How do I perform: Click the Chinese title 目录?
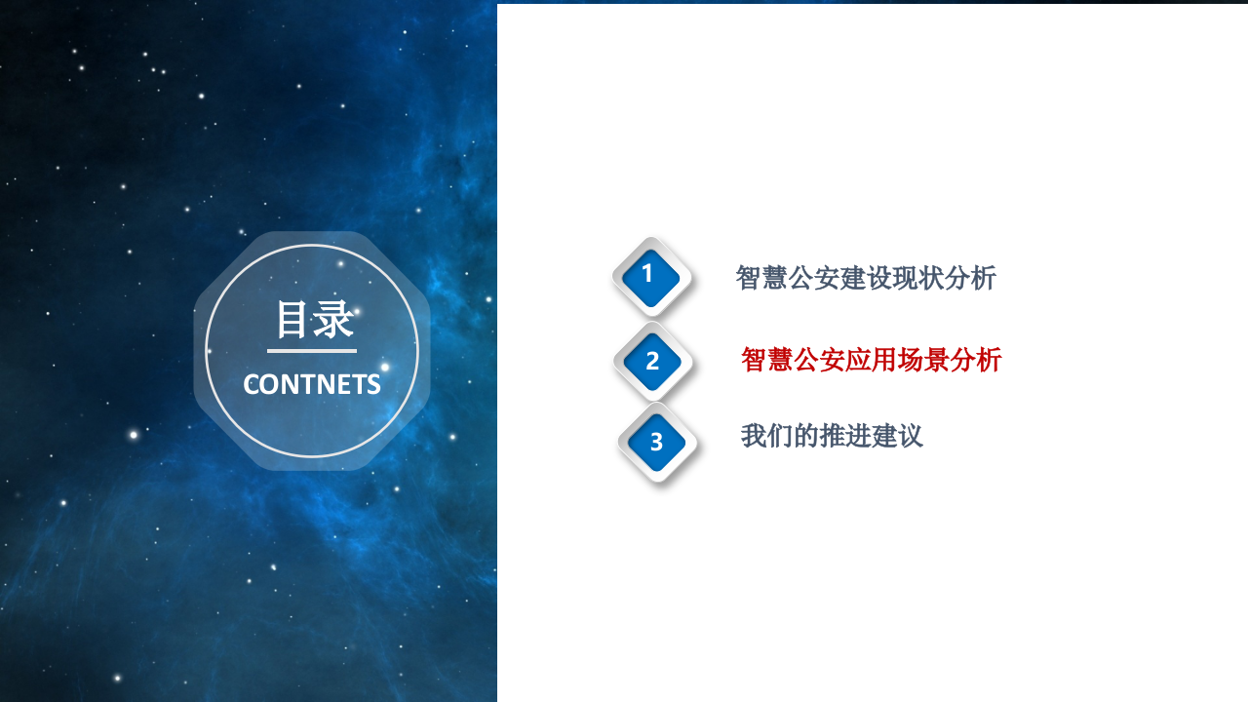click(313, 320)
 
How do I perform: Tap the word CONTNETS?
click(312, 384)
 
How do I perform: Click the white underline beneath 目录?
click(312, 351)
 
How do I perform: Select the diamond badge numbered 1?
click(649, 275)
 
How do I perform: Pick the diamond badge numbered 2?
click(652, 361)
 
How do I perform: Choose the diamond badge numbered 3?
click(656, 442)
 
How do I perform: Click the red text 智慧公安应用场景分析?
click(871, 360)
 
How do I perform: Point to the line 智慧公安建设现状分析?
click(866, 278)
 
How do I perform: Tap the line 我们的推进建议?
click(832, 436)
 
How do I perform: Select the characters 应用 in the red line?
click(871, 360)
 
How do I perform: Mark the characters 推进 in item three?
click(845, 436)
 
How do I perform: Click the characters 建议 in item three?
click(898, 436)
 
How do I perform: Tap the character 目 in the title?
click(292, 320)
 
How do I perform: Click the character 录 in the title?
click(333, 320)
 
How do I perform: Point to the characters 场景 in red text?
click(923, 360)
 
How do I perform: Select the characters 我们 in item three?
click(767, 436)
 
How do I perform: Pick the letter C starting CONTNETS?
click(251, 384)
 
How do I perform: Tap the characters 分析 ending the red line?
click(976, 360)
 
